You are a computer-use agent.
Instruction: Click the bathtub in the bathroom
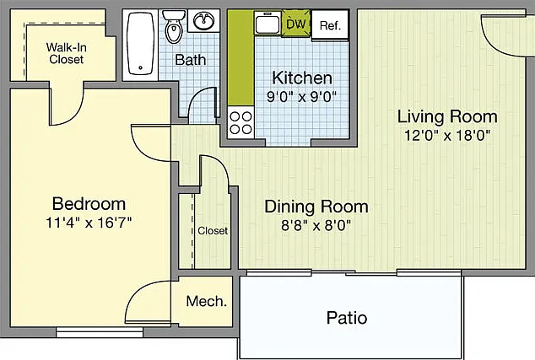[141, 43]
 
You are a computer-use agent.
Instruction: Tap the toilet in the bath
[174, 27]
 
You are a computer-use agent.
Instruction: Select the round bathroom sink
[204, 20]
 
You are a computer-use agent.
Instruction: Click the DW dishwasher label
[296, 24]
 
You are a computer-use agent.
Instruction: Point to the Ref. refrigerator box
[330, 24]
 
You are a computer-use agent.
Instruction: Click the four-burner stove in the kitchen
[240, 123]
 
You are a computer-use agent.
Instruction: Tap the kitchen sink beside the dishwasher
[267, 23]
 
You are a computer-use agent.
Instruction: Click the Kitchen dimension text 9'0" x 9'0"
[301, 97]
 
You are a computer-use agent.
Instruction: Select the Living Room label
[447, 116]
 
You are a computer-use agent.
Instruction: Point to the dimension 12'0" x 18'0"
[447, 136]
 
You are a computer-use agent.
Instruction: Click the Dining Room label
[316, 207]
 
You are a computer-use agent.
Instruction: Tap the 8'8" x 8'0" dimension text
[316, 225]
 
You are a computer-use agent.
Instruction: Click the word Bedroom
[89, 204]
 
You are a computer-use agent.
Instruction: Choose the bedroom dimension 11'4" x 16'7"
[89, 223]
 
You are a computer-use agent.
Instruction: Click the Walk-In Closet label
[66, 53]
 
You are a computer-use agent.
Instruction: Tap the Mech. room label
[207, 301]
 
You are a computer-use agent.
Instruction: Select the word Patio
[347, 317]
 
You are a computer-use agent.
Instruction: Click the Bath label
[191, 60]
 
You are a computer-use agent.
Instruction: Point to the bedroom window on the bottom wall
[100, 332]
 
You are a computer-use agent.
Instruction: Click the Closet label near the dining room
[213, 231]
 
